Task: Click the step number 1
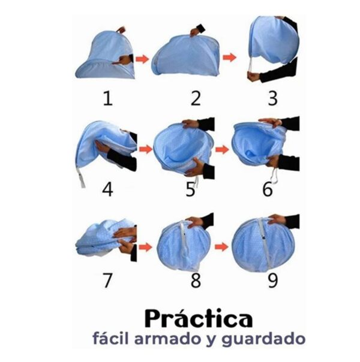(108, 98)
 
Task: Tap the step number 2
(196, 98)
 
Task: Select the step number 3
(272, 98)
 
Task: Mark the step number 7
(107, 280)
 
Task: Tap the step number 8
(196, 280)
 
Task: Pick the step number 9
(272, 280)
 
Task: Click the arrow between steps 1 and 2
(142, 59)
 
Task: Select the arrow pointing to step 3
(229, 58)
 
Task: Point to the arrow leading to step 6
(222, 150)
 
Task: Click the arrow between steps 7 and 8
(145, 248)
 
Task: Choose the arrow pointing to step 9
(221, 247)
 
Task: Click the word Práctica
(199, 318)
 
